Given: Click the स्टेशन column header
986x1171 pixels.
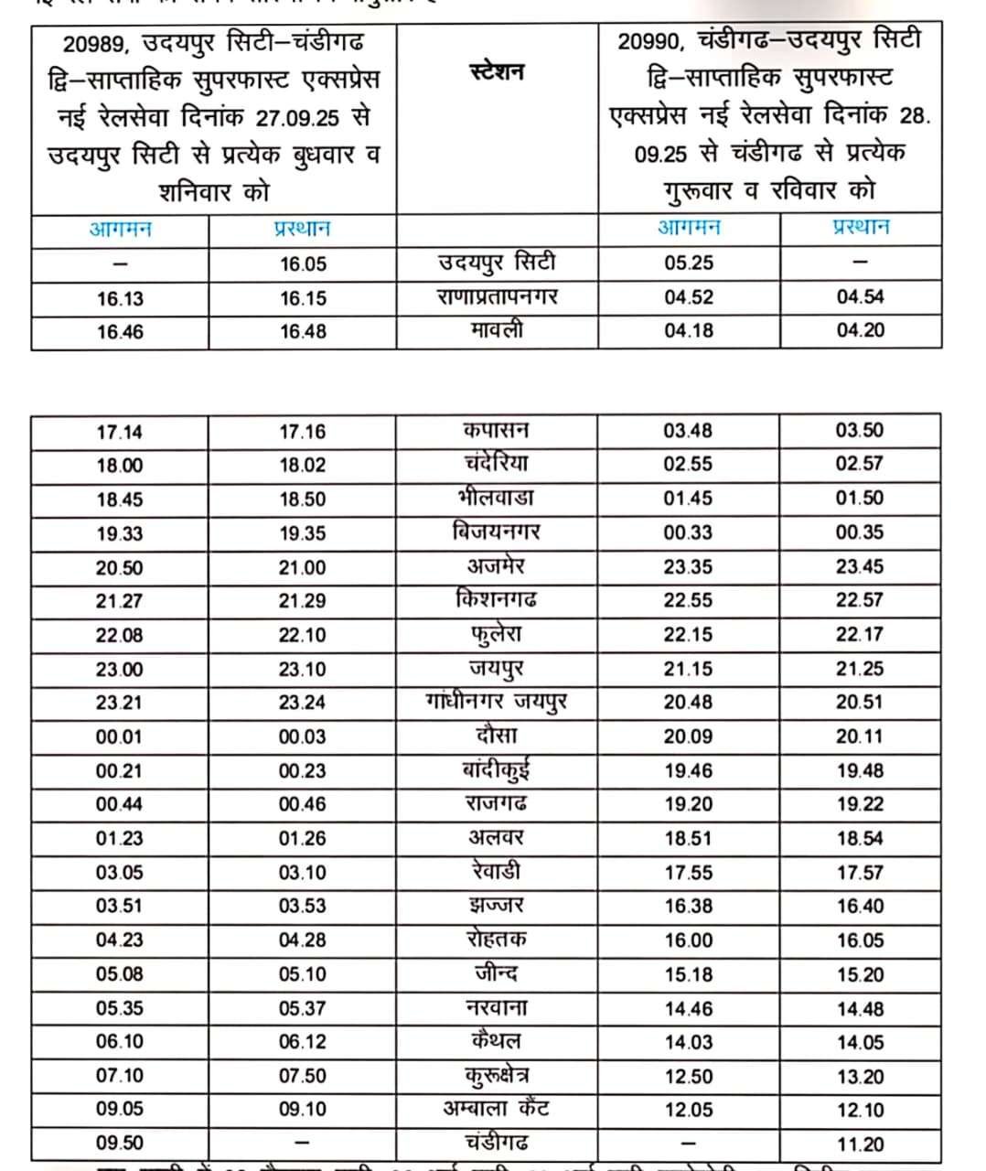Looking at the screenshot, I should click(x=497, y=71).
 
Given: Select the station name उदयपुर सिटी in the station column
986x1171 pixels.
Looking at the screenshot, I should click(x=497, y=263).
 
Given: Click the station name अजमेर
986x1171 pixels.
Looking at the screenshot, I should click(x=497, y=566).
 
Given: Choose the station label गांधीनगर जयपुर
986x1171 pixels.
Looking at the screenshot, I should click(x=497, y=702).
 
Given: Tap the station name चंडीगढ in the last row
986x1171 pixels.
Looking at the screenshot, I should click(x=497, y=1142).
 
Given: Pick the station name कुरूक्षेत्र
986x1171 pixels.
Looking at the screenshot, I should click(x=497, y=1075).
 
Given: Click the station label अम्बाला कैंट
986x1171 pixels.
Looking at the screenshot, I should click(x=497, y=1109).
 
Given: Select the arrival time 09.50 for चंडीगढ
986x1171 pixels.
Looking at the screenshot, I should click(x=120, y=1143).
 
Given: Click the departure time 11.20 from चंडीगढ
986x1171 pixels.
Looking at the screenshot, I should click(x=860, y=1144).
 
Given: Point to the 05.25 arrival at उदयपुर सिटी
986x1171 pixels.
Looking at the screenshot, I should click(x=689, y=263).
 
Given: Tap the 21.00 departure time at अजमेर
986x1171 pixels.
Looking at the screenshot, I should click(x=303, y=567).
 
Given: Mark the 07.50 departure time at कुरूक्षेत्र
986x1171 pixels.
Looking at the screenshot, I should click(x=303, y=1076).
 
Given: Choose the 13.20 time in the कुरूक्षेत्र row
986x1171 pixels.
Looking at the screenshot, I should click(x=860, y=1076).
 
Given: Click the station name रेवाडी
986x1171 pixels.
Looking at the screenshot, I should click(x=497, y=871).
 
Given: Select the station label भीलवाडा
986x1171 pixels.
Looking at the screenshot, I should click(x=497, y=498).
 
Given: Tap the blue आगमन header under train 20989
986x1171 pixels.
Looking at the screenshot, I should click(x=120, y=229).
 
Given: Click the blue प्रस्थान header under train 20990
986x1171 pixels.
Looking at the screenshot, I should click(x=860, y=227).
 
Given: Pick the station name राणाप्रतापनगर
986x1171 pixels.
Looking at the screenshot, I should click(x=497, y=297).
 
